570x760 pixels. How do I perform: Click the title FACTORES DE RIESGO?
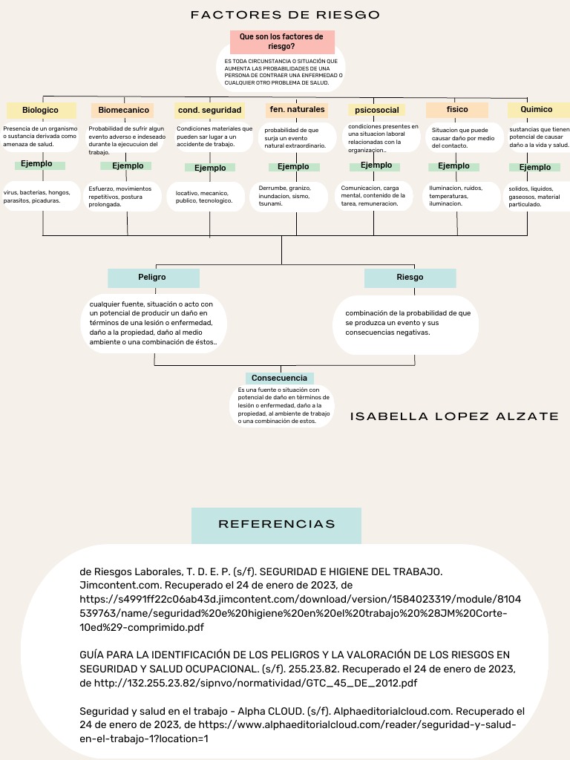point(285,15)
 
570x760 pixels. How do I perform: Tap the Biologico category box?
point(40,110)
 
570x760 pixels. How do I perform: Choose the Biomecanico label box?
point(123,110)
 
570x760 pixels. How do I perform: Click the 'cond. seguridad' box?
point(209,110)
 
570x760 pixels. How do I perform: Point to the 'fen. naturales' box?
point(297,109)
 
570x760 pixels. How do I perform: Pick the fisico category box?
point(457,109)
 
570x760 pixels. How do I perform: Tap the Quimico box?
point(536,109)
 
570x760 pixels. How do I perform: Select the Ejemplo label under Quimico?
point(535,168)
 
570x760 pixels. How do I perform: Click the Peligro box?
point(153,278)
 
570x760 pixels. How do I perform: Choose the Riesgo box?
point(410,278)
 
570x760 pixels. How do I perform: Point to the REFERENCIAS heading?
point(276,525)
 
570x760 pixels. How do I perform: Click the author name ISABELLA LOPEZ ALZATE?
point(454,417)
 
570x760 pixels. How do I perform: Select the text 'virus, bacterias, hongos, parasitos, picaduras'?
point(42,197)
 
